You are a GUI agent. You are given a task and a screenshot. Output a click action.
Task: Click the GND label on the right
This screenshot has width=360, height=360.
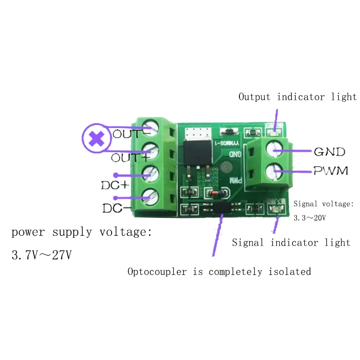point(329,152)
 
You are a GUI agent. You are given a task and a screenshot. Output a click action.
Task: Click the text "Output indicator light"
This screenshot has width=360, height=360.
point(297,97)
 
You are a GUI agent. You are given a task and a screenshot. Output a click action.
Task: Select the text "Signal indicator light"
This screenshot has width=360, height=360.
point(291,243)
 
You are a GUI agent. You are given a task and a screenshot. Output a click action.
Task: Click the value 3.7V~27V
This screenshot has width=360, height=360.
point(41,255)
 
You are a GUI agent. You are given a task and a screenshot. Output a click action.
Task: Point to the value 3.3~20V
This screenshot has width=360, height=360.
point(310,217)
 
